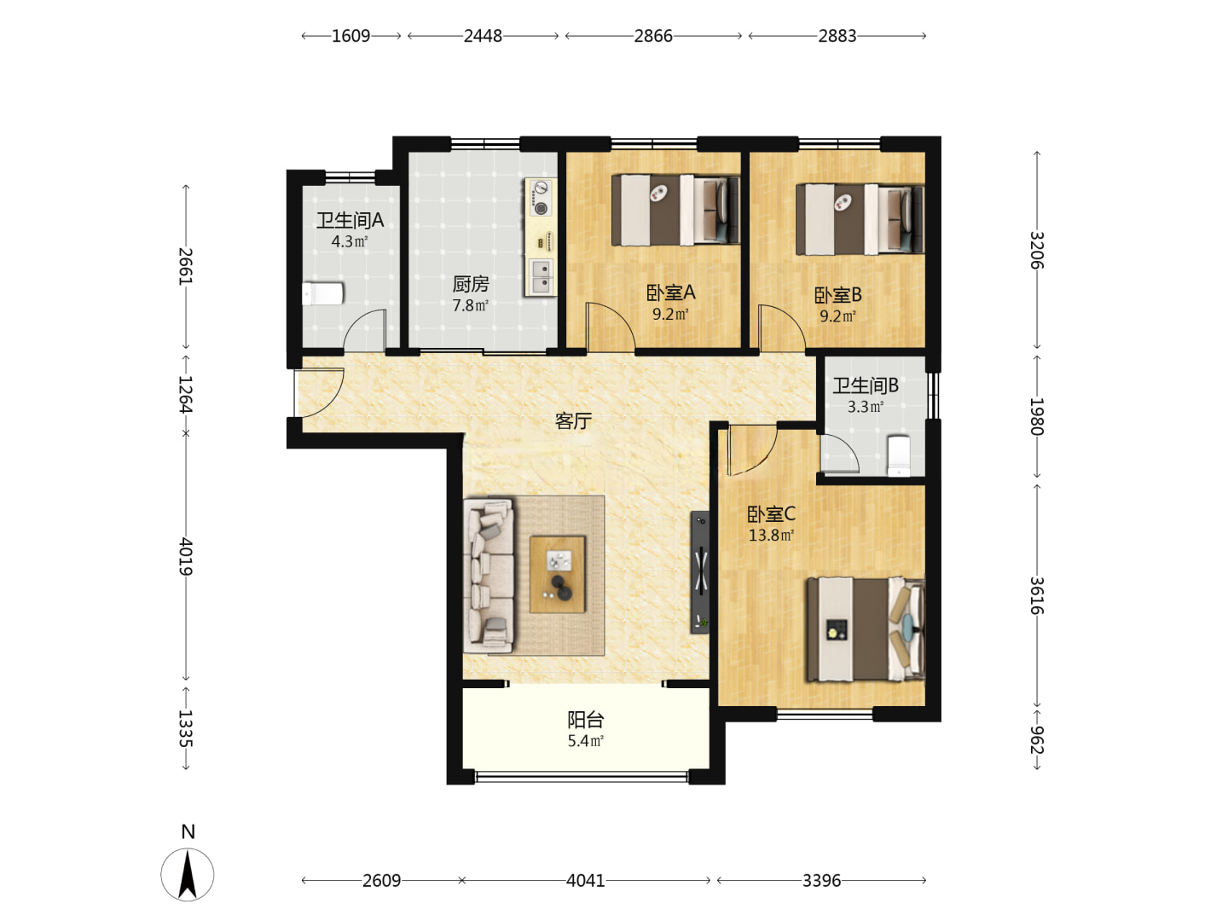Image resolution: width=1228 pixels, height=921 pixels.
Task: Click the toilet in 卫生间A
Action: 322,293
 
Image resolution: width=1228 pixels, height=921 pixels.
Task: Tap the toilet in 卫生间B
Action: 899,455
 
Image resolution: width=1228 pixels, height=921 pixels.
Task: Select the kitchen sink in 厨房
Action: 541,277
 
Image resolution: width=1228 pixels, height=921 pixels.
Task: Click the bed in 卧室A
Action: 675,211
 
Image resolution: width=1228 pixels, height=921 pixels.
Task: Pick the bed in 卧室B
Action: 860,219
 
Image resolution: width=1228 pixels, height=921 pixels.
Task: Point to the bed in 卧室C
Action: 866,629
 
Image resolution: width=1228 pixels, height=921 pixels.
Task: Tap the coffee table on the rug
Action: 558,574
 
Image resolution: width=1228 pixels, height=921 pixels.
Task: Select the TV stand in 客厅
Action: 700,572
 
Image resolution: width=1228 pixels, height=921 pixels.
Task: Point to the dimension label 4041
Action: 585,881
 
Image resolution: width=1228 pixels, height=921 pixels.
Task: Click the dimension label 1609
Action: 350,36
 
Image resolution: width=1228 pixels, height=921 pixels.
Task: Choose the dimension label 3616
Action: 1037,595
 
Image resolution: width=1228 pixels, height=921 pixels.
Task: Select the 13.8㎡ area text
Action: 771,536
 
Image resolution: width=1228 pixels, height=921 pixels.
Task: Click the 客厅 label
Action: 573,421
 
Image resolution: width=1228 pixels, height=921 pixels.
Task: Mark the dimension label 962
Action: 1037,739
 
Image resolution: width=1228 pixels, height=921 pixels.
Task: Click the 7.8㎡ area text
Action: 470,305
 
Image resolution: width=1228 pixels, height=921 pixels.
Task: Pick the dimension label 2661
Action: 186,266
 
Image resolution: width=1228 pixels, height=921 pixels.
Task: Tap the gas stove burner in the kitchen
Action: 541,209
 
